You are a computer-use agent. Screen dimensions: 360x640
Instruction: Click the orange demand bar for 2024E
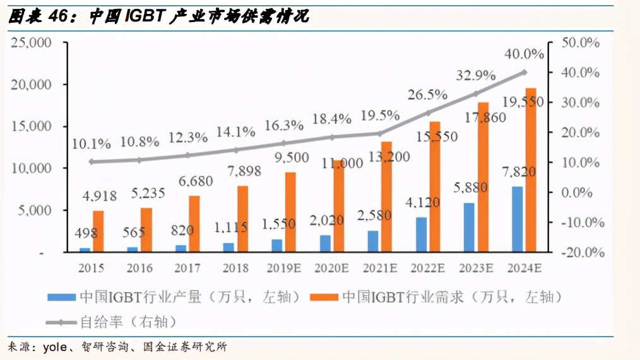tap(531, 171)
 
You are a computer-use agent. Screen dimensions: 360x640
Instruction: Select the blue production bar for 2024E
tap(518, 219)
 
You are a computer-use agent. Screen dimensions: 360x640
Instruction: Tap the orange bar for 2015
tap(98, 231)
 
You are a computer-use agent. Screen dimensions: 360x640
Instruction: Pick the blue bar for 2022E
tap(421, 234)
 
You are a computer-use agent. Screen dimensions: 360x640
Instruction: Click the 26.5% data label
tap(427, 95)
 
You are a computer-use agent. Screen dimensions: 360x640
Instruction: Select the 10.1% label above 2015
tap(91, 143)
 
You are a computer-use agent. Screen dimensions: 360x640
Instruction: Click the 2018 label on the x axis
tap(235, 268)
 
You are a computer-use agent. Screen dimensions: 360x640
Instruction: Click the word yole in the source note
tap(55, 347)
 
